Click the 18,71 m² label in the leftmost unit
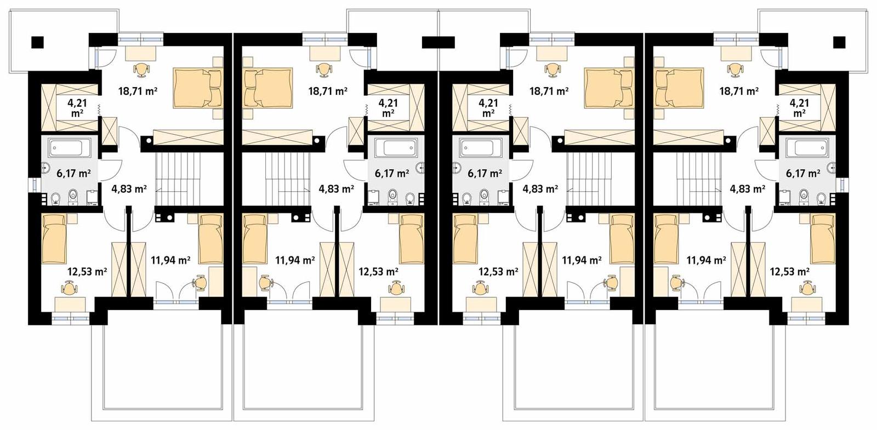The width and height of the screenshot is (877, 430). (x=138, y=91)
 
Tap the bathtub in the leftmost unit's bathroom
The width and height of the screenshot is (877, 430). (x=66, y=148)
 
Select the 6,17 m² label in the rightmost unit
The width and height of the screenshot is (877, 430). (x=803, y=174)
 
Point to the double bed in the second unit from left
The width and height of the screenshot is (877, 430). (x=267, y=88)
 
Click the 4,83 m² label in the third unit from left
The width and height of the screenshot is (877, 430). (x=540, y=189)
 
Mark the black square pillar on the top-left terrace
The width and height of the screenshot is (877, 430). (x=37, y=42)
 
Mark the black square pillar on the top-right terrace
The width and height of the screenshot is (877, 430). (x=839, y=42)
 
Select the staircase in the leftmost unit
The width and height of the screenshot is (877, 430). (x=175, y=178)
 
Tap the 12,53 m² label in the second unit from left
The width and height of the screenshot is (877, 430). (x=378, y=271)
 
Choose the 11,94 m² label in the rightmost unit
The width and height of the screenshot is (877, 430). (x=706, y=260)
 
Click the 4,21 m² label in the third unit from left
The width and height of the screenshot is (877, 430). (x=488, y=107)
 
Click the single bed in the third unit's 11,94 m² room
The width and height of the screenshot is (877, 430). (x=622, y=238)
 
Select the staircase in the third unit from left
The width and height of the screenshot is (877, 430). (x=586, y=178)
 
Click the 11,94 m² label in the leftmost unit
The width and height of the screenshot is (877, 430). (x=170, y=260)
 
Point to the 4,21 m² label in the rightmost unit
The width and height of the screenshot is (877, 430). (x=799, y=107)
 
